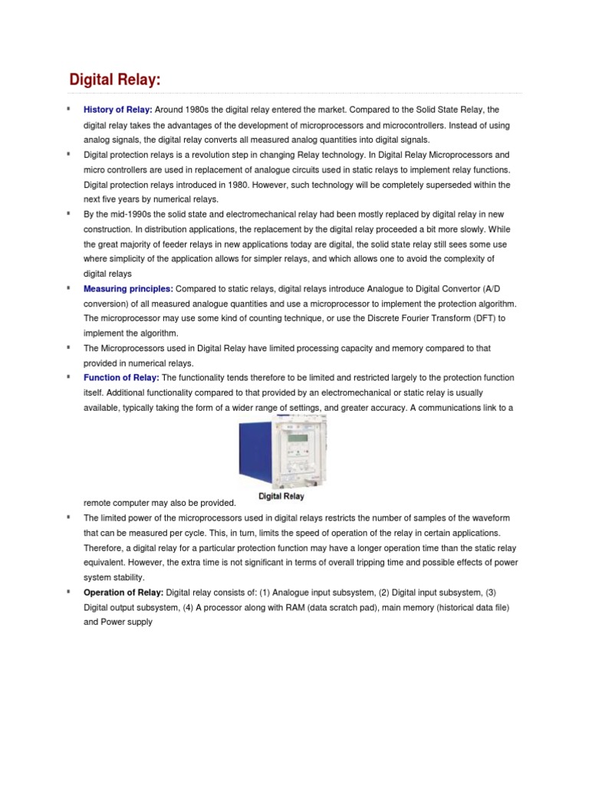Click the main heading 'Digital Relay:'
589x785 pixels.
point(115,80)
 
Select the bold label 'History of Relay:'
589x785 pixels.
point(118,110)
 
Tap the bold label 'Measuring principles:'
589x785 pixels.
point(128,289)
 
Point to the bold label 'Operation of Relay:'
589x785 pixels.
point(123,593)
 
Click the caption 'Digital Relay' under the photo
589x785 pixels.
point(281,496)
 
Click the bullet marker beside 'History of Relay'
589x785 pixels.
point(68,109)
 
